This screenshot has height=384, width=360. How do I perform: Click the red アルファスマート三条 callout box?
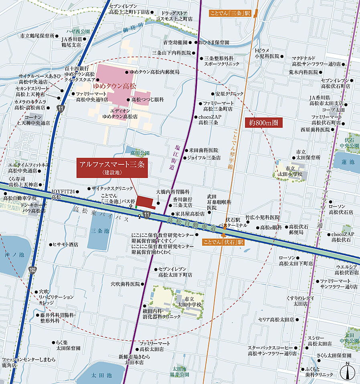pyautogui.click(x=112, y=168)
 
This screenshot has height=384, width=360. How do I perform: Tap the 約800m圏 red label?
pyautogui.click(x=263, y=123)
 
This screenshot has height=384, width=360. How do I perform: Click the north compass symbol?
pyautogui.click(x=347, y=372)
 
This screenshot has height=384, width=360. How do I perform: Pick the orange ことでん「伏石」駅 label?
pyautogui.click(x=224, y=242)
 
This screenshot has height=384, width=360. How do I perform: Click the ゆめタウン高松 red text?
pyautogui.click(x=115, y=86)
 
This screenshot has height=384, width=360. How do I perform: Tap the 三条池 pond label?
pyautogui.click(x=98, y=231)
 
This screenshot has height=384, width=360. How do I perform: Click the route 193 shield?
pyautogui.click(x=32, y=271)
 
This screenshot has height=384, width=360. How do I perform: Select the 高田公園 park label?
pyautogui.click(x=140, y=153)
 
